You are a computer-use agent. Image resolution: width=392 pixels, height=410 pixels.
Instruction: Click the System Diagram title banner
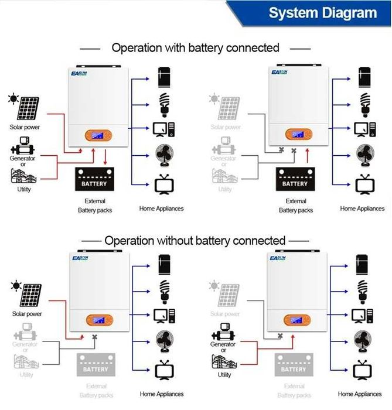point(322,13)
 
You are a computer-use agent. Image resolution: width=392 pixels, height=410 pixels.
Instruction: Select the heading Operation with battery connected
point(195,47)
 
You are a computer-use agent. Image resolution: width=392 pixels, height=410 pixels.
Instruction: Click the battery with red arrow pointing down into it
point(95,180)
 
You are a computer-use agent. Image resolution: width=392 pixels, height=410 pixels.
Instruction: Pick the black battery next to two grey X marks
point(295,180)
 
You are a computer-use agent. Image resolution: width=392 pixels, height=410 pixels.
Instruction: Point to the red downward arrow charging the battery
point(105,157)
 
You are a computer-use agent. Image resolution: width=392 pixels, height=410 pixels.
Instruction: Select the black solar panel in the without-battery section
point(23,294)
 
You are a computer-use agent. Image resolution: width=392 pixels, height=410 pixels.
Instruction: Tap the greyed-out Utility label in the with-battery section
point(225,189)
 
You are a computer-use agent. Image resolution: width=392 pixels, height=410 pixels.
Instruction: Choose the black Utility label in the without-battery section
point(224,374)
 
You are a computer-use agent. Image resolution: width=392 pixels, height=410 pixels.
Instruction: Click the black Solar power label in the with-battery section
point(24,127)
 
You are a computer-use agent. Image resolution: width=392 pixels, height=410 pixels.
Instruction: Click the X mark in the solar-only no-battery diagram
point(94,337)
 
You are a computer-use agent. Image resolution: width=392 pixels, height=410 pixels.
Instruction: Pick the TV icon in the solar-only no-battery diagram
point(162,371)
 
